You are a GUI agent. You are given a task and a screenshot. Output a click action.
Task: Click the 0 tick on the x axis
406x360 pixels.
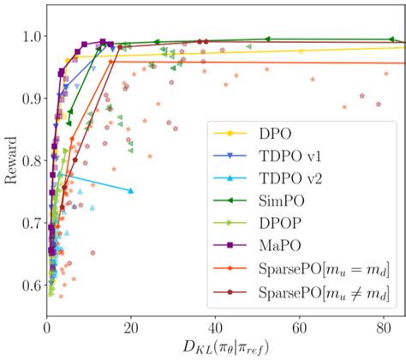point(46,327)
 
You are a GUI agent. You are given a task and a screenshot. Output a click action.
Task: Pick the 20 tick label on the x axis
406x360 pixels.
point(130,327)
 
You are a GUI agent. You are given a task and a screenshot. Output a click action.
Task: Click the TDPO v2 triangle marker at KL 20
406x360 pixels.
point(130,190)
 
